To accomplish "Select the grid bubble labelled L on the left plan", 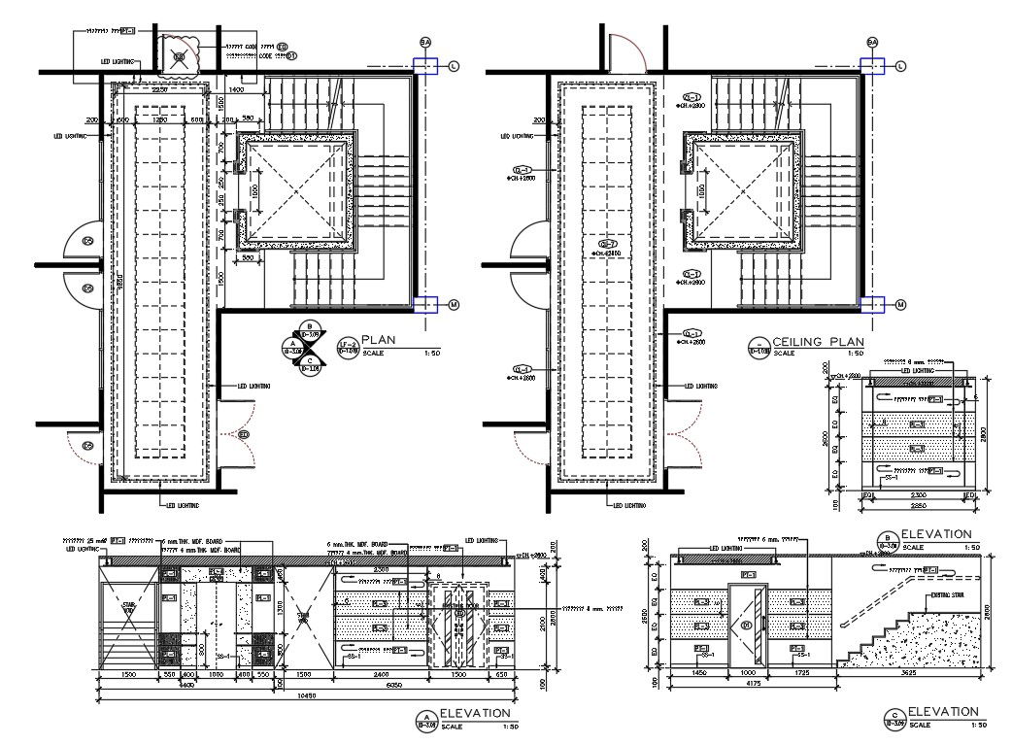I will click(x=454, y=65).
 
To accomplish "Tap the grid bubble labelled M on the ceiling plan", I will click(x=899, y=305).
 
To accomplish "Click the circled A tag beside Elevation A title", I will click(x=425, y=719).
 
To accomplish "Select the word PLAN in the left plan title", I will click(x=379, y=340).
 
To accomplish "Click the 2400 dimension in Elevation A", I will click(x=381, y=672).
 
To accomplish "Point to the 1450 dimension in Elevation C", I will click(x=697, y=671).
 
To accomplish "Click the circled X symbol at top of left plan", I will click(x=179, y=56).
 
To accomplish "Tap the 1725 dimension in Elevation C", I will click(x=801, y=671).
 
